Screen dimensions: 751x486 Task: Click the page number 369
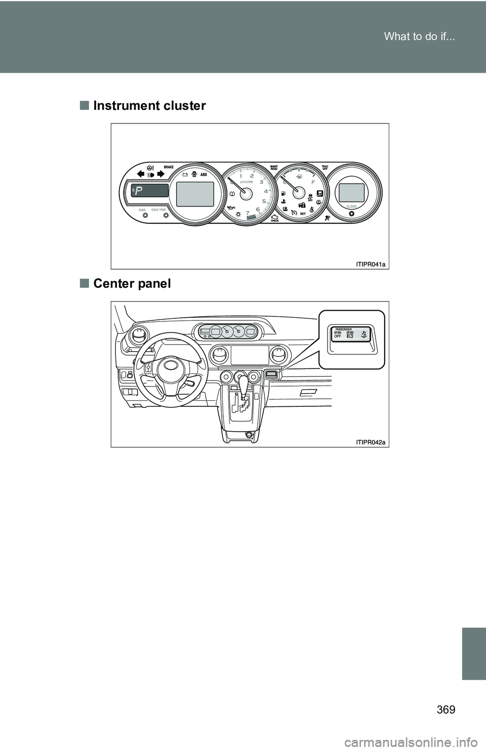click(445, 709)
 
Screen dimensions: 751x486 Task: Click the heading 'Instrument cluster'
click(149, 106)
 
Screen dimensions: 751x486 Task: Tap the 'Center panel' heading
click(132, 283)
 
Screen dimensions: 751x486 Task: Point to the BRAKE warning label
click(169, 166)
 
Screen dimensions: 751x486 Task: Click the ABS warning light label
click(204, 174)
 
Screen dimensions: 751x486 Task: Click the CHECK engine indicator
click(274, 218)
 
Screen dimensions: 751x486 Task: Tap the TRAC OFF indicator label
click(325, 168)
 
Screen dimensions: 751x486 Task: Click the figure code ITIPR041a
click(370, 264)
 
